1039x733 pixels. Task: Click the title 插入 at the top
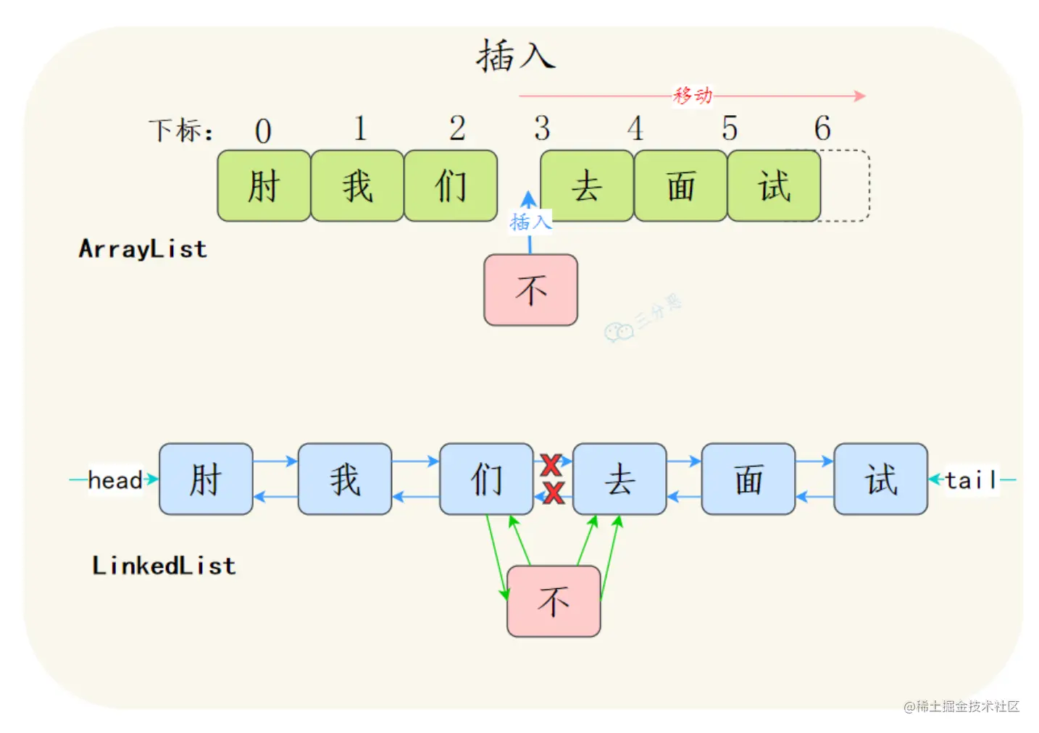pos(516,56)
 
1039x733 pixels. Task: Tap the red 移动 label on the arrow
pos(693,96)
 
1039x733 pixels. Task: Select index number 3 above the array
pos(542,128)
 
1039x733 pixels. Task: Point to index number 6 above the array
pos(823,128)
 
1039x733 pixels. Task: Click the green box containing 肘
pos(264,185)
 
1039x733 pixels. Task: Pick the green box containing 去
pos(587,185)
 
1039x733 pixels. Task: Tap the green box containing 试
pos(774,185)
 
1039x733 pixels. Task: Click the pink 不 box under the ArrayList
pos(530,290)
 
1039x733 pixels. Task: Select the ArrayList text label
pos(143,249)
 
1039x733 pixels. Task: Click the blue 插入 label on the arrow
pos(530,222)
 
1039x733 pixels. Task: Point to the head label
pos(115,480)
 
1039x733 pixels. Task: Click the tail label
pos(971,480)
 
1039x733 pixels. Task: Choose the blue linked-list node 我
pos(345,479)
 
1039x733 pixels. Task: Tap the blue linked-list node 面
pos(748,479)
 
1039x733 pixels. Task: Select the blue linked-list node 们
pos(487,479)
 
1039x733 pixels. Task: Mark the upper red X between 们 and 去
pos(551,465)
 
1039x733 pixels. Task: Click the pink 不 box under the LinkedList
pos(554,601)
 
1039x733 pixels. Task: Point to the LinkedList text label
pos(164,566)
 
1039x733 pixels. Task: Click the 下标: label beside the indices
pos(181,130)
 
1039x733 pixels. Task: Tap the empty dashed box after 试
pos(845,185)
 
